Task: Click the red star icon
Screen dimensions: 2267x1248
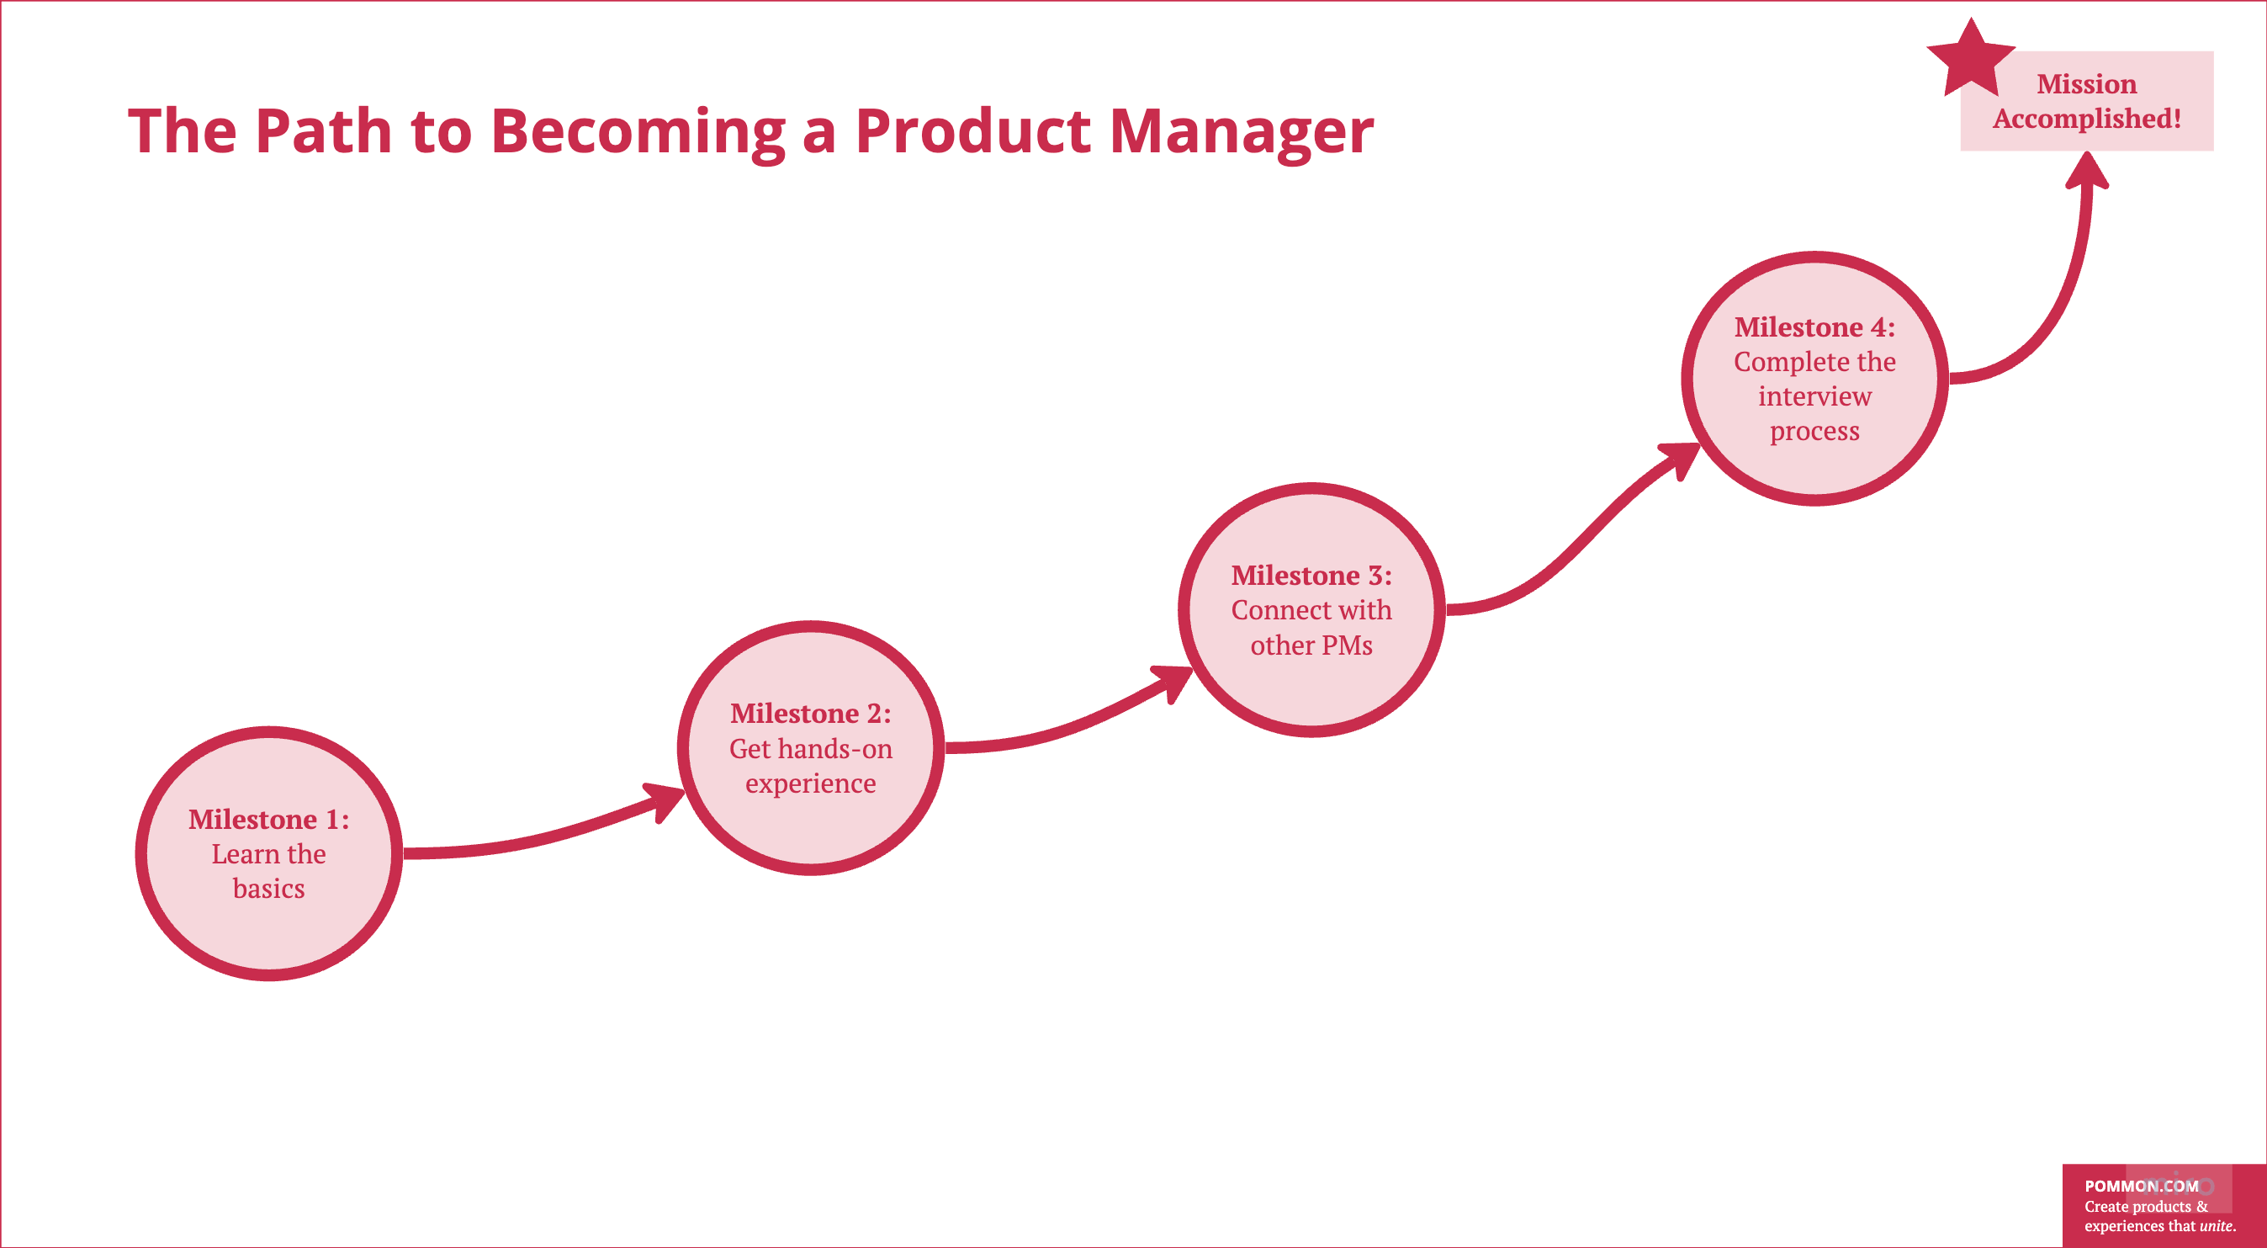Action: [x=1970, y=60]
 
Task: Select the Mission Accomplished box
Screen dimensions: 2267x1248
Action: [x=2087, y=101]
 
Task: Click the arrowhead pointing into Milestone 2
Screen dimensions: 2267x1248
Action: [x=666, y=800]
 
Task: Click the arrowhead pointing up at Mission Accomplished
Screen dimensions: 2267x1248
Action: [x=2088, y=170]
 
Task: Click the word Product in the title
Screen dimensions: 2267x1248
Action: [x=973, y=131]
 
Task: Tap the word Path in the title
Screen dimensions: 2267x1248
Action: [x=323, y=131]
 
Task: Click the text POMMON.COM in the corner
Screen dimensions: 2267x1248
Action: [x=2141, y=1186]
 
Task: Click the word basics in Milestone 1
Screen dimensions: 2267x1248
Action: [x=269, y=888]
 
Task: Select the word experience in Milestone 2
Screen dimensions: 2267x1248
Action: [x=811, y=783]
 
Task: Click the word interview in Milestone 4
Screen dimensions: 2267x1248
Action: [x=1814, y=396]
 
